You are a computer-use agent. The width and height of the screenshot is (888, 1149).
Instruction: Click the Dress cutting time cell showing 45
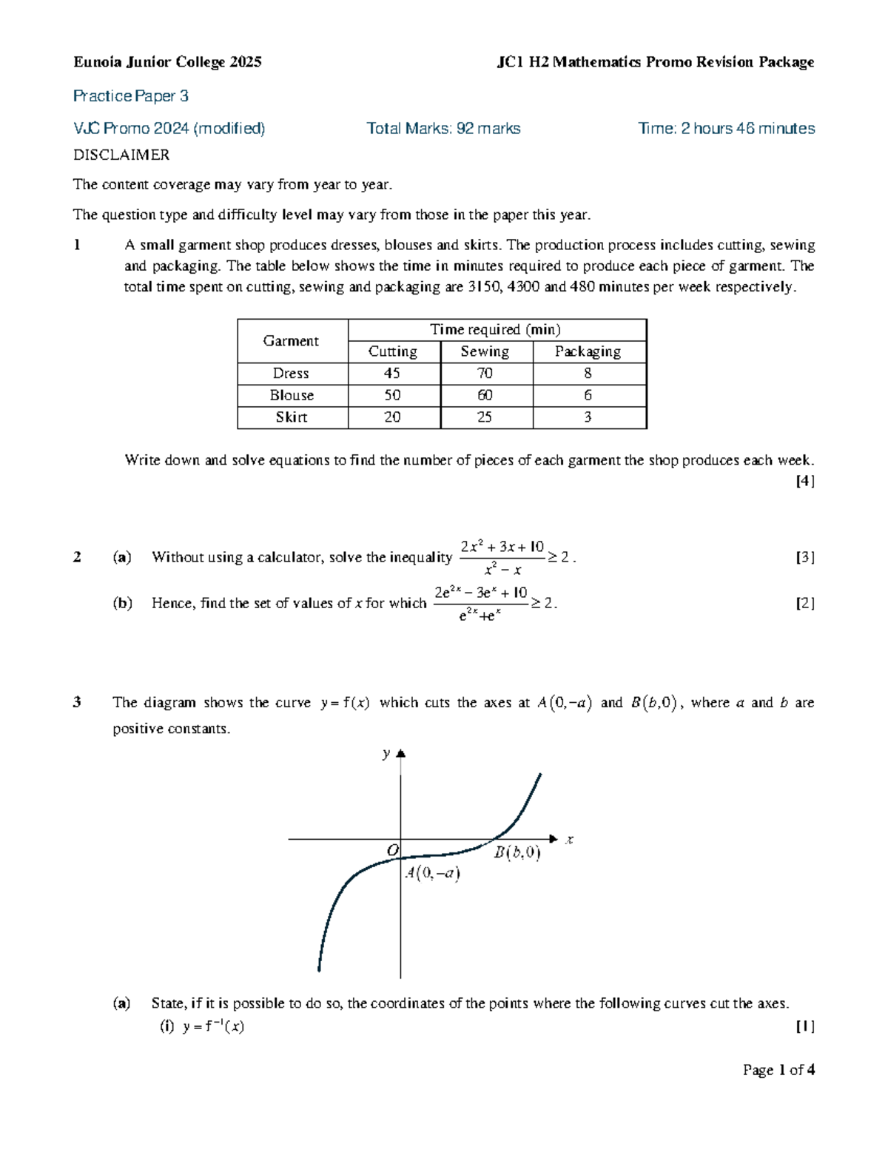coord(392,374)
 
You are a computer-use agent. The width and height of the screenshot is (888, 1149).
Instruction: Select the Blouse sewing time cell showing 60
coord(485,395)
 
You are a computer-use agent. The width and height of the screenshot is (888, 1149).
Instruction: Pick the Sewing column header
coord(485,351)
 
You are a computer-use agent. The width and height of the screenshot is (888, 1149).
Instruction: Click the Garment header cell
coord(291,341)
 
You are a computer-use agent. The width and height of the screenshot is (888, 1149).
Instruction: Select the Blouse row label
coord(292,395)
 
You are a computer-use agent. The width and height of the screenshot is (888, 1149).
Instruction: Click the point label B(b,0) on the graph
coord(517,853)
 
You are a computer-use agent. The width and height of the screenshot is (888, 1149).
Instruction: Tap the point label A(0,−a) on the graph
coord(433,874)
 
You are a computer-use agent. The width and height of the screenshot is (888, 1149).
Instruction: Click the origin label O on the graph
coord(393,850)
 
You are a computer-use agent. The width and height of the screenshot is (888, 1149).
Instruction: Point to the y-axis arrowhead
coord(401,754)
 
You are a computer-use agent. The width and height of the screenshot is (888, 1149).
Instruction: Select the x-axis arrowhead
coord(554,839)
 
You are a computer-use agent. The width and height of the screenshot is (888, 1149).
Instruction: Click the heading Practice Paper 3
coord(131,96)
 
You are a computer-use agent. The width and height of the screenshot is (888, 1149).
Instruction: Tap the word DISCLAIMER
coord(121,155)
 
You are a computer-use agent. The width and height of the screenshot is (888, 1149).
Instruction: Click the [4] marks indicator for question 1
coord(804,482)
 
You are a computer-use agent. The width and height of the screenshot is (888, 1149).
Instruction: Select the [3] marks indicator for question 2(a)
coord(804,558)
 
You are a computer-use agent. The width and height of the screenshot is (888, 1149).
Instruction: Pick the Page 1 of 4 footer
coord(778,1070)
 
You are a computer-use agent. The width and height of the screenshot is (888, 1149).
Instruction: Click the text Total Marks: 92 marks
coord(443,129)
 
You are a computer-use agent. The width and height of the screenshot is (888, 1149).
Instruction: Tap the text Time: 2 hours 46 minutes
coord(726,129)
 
